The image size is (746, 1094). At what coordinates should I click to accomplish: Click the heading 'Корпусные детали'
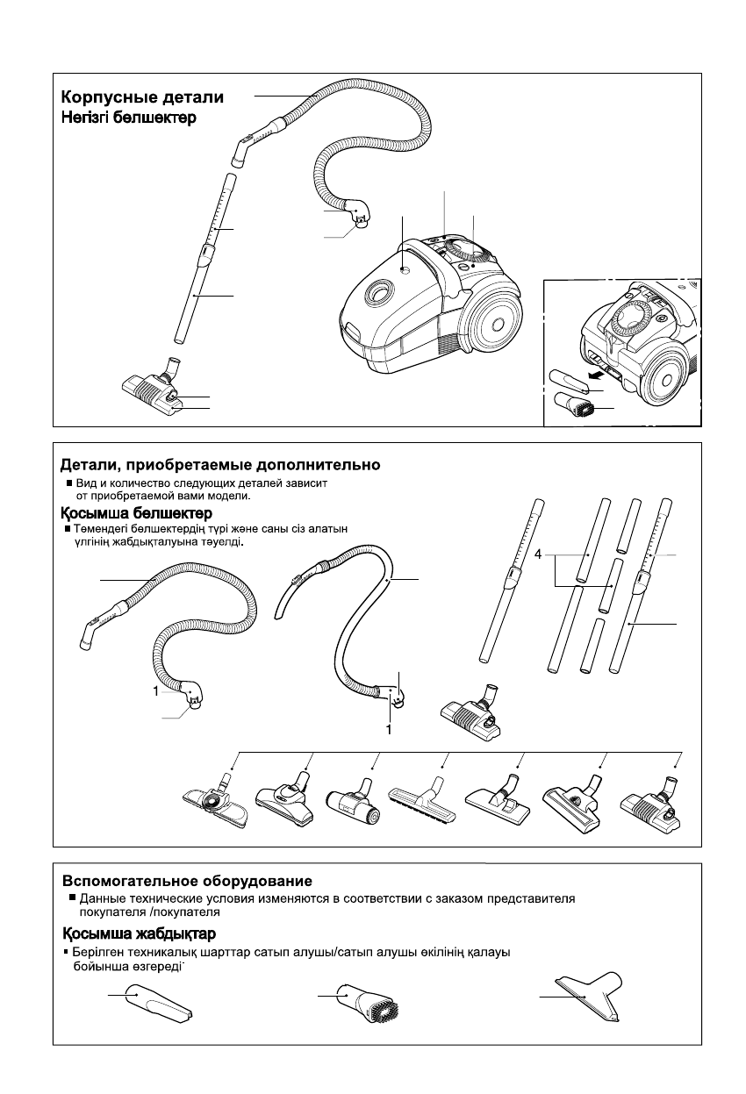[x=141, y=97]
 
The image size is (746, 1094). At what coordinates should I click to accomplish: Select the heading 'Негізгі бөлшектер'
[x=128, y=117]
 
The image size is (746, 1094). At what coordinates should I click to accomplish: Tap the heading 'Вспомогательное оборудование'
[x=187, y=880]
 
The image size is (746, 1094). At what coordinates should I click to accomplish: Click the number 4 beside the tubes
[x=537, y=555]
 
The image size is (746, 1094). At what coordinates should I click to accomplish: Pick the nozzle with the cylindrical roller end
[x=355, y=804]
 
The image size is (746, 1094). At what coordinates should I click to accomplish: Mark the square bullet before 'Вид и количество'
[x=69, y=483]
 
